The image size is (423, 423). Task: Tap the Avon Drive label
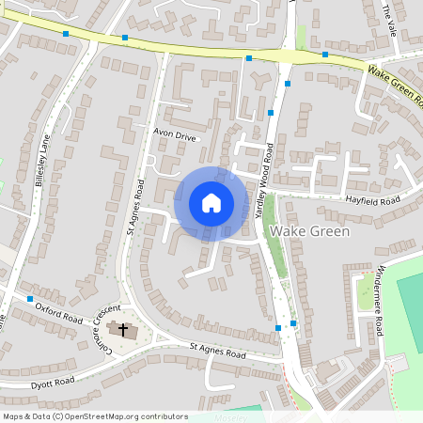pos(175,135)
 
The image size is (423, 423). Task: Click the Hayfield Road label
pos(371,200)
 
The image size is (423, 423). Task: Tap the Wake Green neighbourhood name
pos(309,230)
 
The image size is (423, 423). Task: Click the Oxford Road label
pos(58,306)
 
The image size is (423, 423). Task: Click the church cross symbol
pos(121,330)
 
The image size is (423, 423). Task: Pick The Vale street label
pos(391,16)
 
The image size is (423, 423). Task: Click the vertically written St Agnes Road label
pos(135,206)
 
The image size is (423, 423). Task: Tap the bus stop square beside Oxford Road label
pos(30,299)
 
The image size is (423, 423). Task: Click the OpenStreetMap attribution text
pos(95,416)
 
